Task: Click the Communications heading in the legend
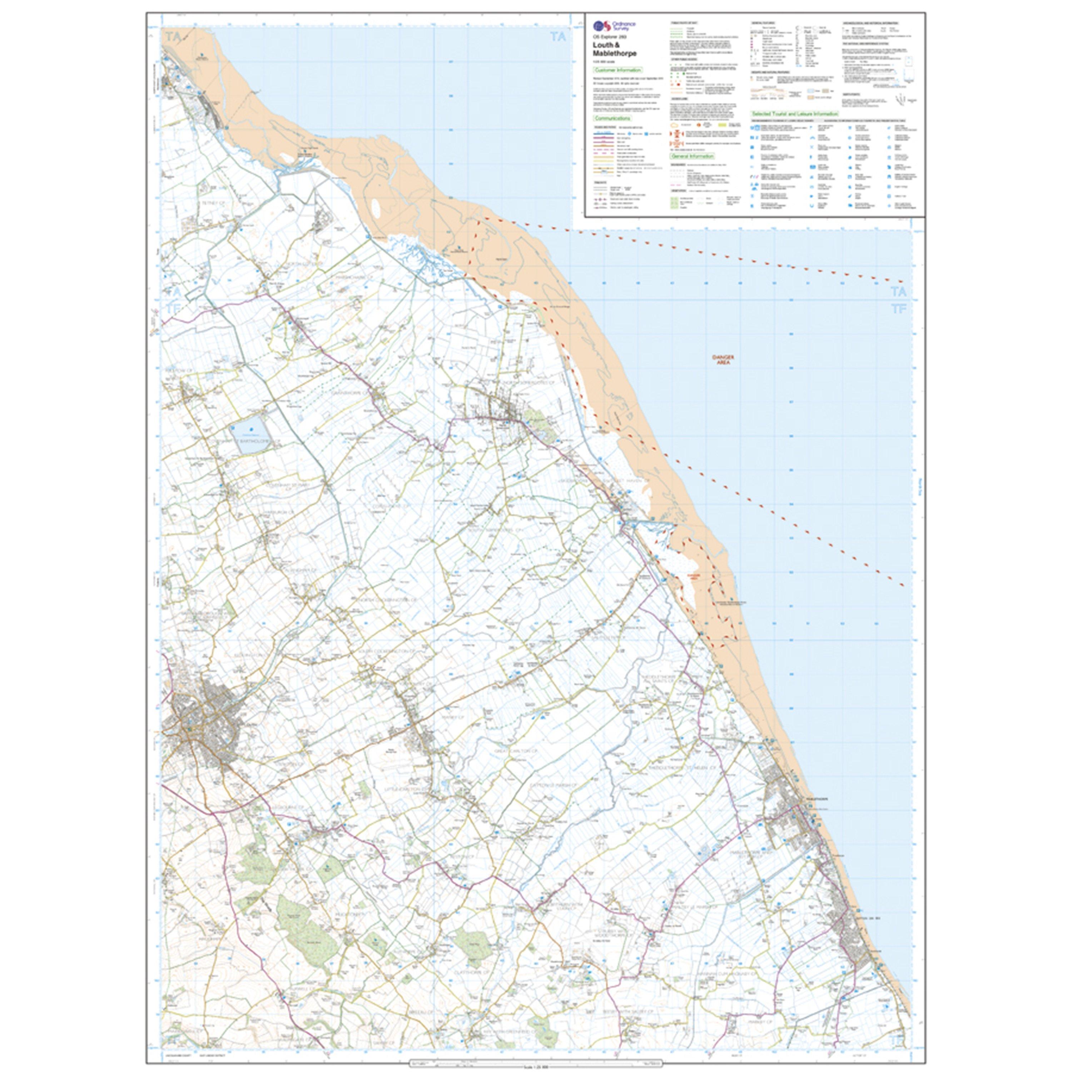pos(612,118)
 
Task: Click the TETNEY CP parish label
pos(213,203)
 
